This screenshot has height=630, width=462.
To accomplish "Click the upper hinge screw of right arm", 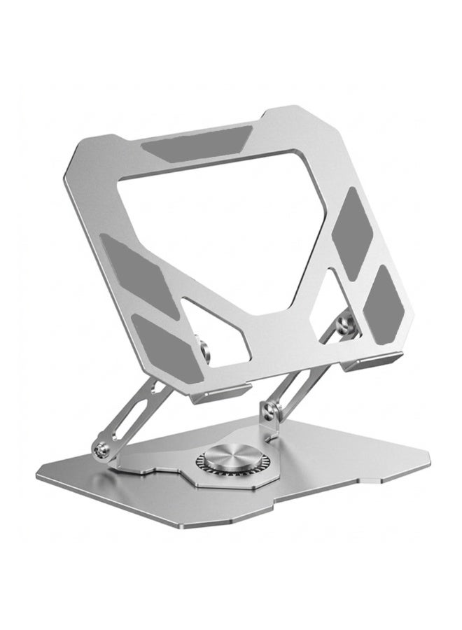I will [343, 323].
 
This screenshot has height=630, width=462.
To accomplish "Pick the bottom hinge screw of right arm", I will [267, 408].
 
